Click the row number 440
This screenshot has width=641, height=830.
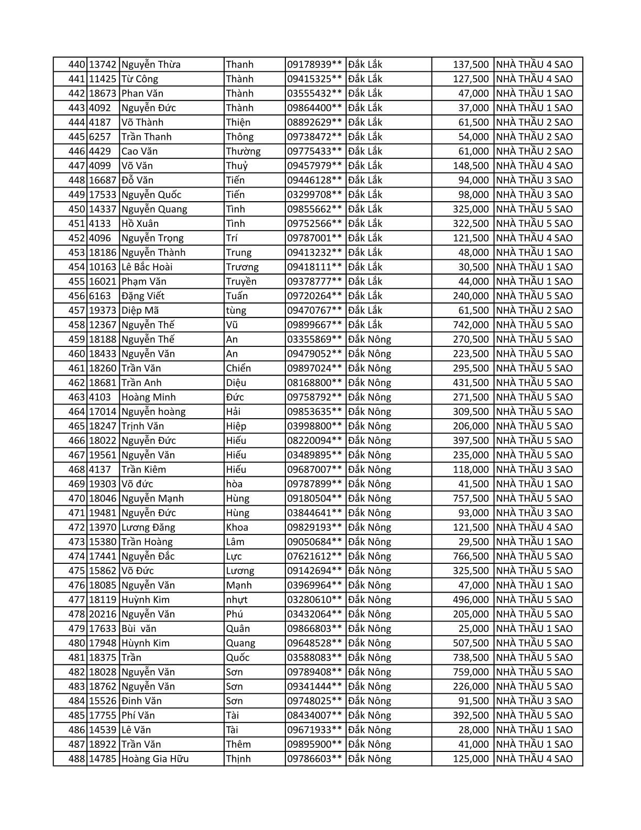(x=76, y=64)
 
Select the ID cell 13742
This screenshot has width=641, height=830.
(x=102, y=64)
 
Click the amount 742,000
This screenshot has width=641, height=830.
(x=470, y=325)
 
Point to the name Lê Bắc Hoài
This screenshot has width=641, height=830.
(x=147, y=267)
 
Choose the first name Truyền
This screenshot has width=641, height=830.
(x=241, y=281)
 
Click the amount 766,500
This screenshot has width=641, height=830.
(x=470, y=556)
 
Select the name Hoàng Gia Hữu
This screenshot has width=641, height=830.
(x=155, y=759)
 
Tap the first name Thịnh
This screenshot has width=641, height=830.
(x=238, y=759)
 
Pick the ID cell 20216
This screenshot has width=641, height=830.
(x=102, y=614)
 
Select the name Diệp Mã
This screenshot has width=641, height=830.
(x=139, y=310)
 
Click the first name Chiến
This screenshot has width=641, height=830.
(x=238, y=368)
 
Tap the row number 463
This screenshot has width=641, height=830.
(x=76, y=397)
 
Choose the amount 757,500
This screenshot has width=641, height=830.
(x=470, y=498)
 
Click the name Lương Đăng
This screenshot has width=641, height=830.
(x=148, y=527)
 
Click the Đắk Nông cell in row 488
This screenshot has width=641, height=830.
(x=370, y=759)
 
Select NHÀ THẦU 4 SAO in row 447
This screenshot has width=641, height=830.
(x=534, y=166)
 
